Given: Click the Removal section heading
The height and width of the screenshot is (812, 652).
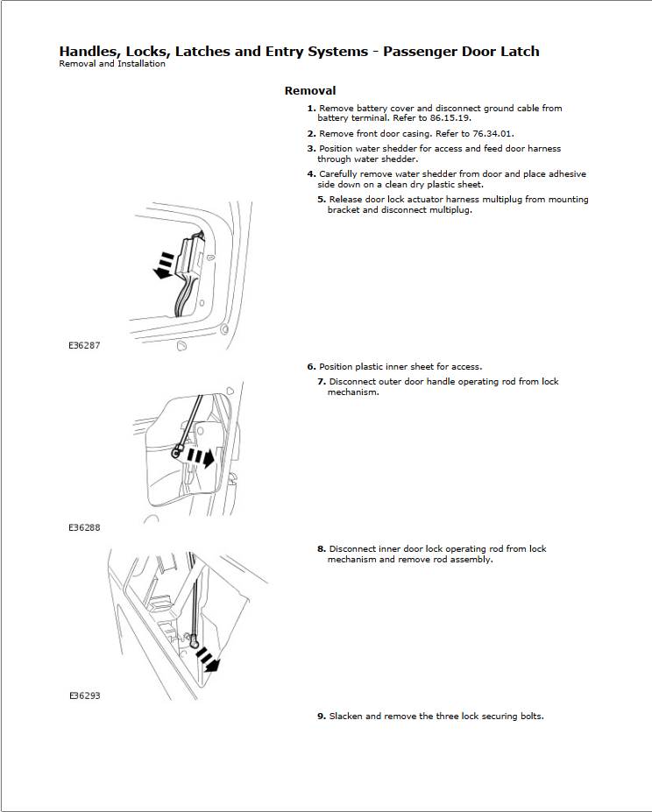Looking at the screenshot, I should pos(309,91).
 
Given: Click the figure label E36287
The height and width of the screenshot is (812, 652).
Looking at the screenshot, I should pos(84,346).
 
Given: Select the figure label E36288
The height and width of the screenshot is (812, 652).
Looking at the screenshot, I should pos(84,528).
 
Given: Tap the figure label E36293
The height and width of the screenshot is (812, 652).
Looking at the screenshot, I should pos(84,696).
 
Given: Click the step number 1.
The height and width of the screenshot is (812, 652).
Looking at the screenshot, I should pos(311,109).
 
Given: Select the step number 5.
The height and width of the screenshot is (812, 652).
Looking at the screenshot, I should pos(322,200).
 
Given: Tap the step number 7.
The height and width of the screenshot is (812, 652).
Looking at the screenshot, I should pos(322,382).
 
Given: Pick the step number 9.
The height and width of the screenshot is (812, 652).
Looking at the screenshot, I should pos(322,717).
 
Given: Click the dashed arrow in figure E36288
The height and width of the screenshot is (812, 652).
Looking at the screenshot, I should pos(203,457).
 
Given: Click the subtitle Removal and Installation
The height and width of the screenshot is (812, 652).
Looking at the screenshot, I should pos(112,64).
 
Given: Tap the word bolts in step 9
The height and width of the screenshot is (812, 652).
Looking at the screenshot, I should pos(530,717).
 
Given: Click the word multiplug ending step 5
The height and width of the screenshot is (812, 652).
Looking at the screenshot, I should pos(453,210).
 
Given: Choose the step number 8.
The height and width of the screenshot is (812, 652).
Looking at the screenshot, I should pos(322,549).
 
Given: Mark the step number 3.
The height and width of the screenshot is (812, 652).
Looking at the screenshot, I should pos(311,149).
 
